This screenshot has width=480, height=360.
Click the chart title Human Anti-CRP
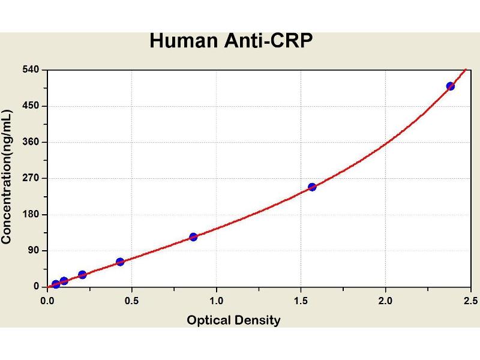pos(231,41)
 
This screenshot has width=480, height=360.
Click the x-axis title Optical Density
pos(233,320)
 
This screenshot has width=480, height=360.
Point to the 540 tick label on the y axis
pos(31,70)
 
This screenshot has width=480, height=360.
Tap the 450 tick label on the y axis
pos(31,106)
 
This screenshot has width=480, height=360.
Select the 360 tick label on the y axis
pos(31,142)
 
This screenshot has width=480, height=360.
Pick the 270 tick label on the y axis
pos(31,178)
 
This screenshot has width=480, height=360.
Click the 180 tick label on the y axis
pos(31,214)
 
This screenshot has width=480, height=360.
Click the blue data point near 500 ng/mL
pos(451,86)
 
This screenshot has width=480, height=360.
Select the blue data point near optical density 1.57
pos(312,187)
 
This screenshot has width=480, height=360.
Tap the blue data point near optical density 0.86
pos(193,237)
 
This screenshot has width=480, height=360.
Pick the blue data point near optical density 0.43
pos(120,262)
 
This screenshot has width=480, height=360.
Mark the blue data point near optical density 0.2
pos(82,275)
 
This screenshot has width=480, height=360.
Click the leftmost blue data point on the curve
pos(56,284)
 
